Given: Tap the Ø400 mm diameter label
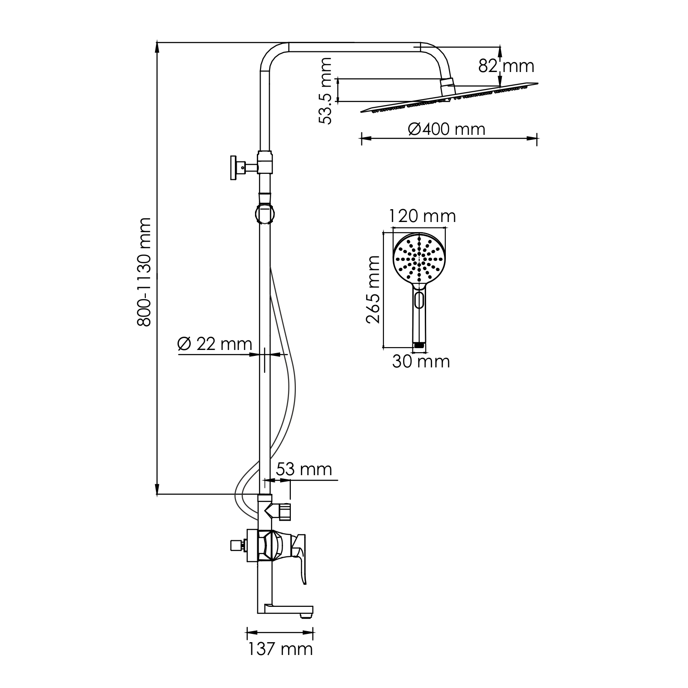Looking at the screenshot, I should point(446,129).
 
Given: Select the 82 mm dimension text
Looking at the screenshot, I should point(506,66).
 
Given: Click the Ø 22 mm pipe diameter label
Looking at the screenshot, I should point(215,344).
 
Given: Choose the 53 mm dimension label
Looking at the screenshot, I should point(304,469).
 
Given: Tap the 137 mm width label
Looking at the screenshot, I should point(280,649).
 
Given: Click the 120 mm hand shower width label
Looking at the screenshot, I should point(422,216).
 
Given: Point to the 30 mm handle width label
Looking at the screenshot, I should point(421,362).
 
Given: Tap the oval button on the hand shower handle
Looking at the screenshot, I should point(419,300).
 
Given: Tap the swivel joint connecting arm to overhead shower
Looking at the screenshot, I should point(447,86).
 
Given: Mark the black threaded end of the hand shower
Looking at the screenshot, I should point(419,344).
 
